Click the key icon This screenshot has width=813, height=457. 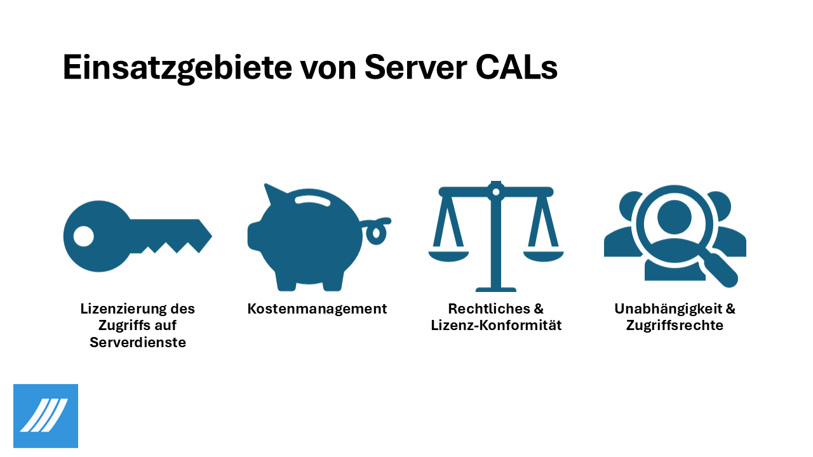click(x=137, y=236)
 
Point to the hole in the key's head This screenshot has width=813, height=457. click(x=83, y=236)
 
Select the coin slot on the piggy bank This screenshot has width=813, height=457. click(x=312, y=201)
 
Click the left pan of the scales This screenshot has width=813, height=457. click(x=448, y=256)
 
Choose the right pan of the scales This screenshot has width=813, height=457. click(x=543, y=256)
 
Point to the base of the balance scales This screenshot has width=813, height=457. click(x=496, y=289)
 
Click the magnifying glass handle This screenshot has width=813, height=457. click(x=720, y=269)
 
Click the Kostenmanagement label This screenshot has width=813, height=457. click(x=317, y=309)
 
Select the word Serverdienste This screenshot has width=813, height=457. click(x=138, y=342)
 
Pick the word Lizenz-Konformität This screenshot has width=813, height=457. click(x=496, y=326)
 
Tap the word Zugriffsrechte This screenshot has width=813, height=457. click(x=675, y=326)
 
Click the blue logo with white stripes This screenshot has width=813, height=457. click(x=46, y=416)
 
